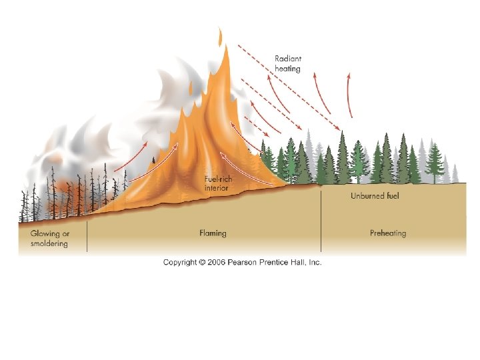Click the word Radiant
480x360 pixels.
point(289,59)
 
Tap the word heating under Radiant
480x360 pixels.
point(288,68)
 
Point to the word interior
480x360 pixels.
point(216,188)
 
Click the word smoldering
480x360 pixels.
point(49,243)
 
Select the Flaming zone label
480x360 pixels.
point(213,233)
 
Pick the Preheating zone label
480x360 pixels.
point(388,233)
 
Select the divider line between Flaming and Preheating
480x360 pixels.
point(321,220)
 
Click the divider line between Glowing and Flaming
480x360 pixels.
point(87,237)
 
